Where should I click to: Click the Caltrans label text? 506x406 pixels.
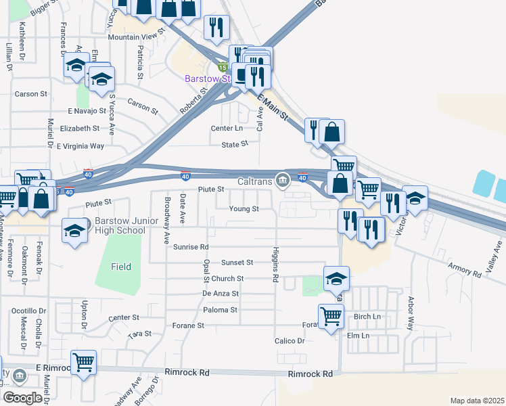pyautogui.click(x=255, y=181)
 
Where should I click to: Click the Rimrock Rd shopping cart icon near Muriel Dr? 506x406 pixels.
pyautogui.click(x=83, y=362)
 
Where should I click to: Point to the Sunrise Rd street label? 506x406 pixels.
pyautogui.click(x=190, y=247)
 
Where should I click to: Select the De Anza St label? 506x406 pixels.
pyautogui.click(x=221, y=294)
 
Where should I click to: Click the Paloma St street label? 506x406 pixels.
pyautogui.click(x=220, y=310)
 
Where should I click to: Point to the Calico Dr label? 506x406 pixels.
pyautogui.click(x=290, y=341)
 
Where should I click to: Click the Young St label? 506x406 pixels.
pyautogui.click(x=244, y=209)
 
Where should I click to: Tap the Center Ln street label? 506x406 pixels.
pyautogui.click(x=227, y=128)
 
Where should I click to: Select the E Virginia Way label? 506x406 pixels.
pyautogui.click(x=80, y=145)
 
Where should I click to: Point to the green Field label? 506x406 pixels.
pyautogui.click(x=122, y=267)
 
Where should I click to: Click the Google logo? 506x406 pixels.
pyautogui.click(x=22, y=398)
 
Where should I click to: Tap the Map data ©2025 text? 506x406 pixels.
pyautogui.click(x=477, y=401)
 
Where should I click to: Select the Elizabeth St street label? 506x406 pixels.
pyautogui.click(x=79, y=128)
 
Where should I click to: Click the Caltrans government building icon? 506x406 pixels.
pyautogui.click(x=283, y=179)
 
